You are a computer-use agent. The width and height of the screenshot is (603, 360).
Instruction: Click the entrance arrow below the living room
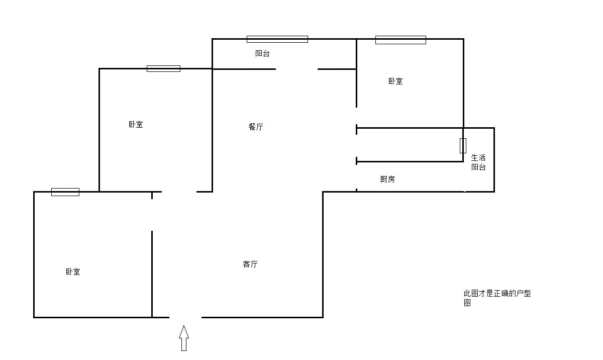pos(184,338)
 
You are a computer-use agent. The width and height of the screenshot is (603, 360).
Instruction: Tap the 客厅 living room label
pos(250,264)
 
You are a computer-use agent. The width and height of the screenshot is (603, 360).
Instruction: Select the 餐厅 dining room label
pos(256,127)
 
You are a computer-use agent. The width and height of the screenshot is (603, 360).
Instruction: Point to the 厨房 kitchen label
pos(387,179)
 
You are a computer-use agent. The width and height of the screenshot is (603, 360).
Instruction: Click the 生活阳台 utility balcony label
pos(478,162)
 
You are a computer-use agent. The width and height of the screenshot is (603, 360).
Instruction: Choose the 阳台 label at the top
pos(263,53)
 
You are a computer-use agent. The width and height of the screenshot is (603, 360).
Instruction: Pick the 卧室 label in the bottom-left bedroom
pos(73,272)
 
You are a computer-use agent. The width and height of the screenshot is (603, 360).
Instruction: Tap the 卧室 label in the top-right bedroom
pos(395,81)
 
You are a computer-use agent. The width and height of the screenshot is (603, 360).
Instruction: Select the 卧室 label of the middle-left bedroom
pos(136,124)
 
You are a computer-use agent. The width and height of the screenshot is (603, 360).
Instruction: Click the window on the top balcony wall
pos(277,39)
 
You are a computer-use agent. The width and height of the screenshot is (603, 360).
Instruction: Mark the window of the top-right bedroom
pos(400,40)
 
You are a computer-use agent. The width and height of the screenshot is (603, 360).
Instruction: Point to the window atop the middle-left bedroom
pos(163,68)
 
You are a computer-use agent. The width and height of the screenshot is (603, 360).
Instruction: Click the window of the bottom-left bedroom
pos(65,192)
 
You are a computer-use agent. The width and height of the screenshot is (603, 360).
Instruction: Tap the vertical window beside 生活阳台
pos(463,145)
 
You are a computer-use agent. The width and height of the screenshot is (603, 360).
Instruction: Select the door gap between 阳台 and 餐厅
pos(296,69)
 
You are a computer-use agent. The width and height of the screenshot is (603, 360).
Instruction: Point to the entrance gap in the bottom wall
pos(185,317)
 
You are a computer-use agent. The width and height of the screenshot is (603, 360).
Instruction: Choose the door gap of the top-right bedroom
pos(356,116)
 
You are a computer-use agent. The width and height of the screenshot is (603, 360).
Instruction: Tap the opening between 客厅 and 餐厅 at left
pos(179,192)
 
